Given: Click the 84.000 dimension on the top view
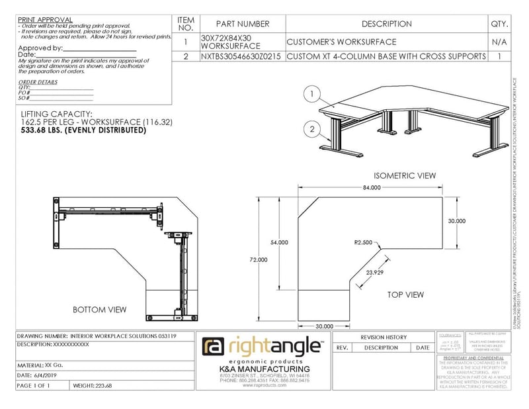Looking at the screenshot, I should pyautogui.click(x=372, y=187).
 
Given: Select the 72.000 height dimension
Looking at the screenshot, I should pyautogui.click(x=258, y=260).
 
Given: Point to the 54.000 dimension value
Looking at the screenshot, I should pyautogui.click(x=279, y=242).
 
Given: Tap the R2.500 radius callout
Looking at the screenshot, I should pyautogui.click(x=364, y=242).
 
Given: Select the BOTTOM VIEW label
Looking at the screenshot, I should pyautogui.click(x=99, y=310).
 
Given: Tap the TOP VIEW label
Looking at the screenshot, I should pyautogui.click(x=405, y=295).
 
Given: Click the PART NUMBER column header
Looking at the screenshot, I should pyautogui.click(x=243, y=24).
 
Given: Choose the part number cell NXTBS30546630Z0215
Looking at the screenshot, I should pyautogui.click(x=242, y=57).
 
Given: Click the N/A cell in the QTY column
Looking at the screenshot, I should pyautogui.click(x=499, y=42).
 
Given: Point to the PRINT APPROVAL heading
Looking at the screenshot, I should pyautogui.click(x=46, y=20).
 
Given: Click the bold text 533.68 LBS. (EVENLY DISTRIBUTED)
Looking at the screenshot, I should pyautogui.click(x=83, y=130).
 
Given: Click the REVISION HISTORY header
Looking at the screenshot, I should pyautogui.click(x=383, y=337).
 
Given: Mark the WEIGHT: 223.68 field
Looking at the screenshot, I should pyautogui.click(x=93, y=386).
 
